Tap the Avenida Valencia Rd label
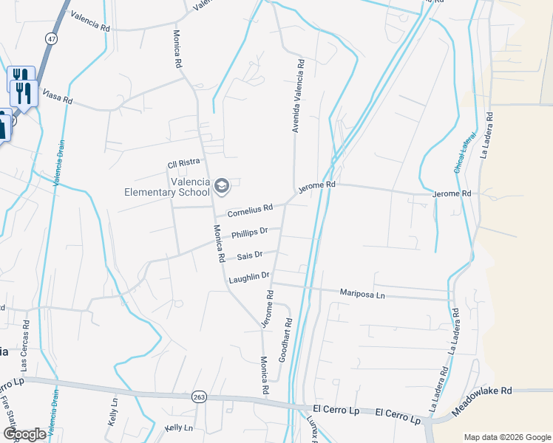pyautogui.click(x=298, y=97)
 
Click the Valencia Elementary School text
pyautogui.click(x=166, y=188)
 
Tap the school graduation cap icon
pyautogui.click(x=221, y=184)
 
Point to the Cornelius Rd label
pyautogui.click(x=250, y=210)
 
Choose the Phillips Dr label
pyautogui.click(x=248, y=233)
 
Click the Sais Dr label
pyautogui.click(x=250, y=256)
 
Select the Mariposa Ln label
pyautogui.click(x=362, y=293)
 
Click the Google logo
pyautogui.click(x=24, y=434)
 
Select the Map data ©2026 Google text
pyautogui.click(x=506, y=437)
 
